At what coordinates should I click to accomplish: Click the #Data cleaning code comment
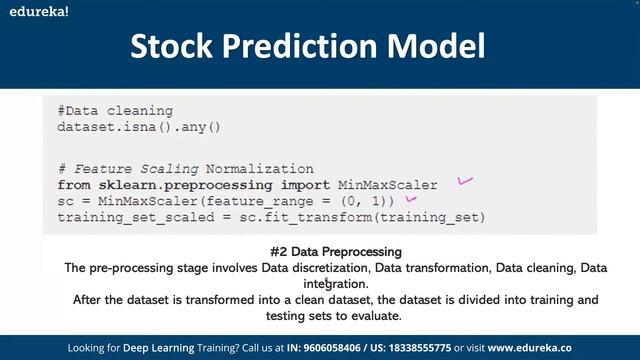[115, 111]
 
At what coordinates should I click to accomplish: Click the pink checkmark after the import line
[464, 181]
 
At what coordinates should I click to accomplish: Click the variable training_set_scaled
[124, 217]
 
